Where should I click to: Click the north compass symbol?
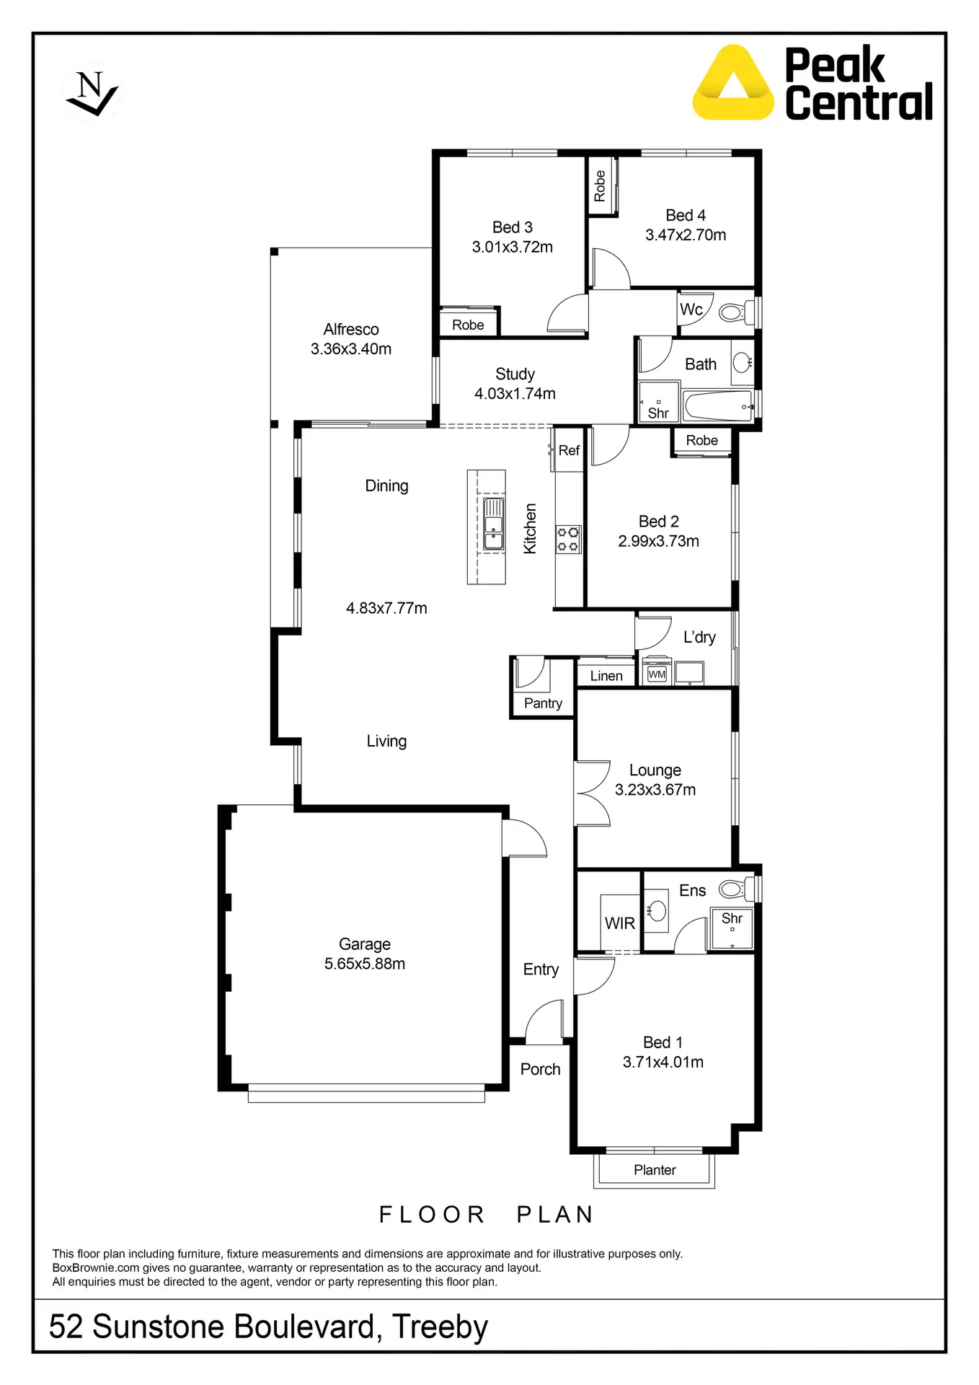point(92,93)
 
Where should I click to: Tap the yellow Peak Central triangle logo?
point(732,83)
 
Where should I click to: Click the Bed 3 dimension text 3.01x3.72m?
point(512,247)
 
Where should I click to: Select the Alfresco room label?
point(351,330)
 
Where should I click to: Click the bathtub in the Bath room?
point(718,406)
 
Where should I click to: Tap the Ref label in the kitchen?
point(569,451)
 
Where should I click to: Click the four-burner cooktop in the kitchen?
point(568,540)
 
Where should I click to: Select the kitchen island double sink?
point(494,524)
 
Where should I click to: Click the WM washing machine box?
point(657,674)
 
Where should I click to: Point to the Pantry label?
point(543,703)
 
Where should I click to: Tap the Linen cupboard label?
point(606,676)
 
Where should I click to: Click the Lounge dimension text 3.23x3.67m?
point(655,790)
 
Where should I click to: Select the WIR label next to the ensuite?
point(620,923)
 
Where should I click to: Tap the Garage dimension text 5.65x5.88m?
point(365,964)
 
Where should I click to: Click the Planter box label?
point(655,1170)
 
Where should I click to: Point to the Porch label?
point(541,1069)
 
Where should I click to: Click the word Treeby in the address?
point(440,1327)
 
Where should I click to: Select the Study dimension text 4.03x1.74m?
point(515,394)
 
